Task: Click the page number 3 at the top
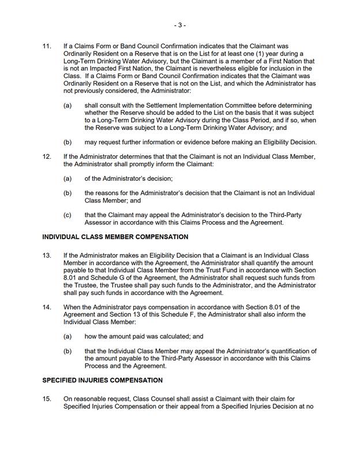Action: click(179, 25)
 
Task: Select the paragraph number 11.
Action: click(47, 46)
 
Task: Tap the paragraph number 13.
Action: click(47, 255)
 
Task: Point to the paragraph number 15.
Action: click(47, 398)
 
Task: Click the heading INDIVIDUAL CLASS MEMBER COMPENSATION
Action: click(115, 237)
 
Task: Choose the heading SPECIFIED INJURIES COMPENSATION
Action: click(103, 381)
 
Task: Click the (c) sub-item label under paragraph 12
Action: click(67, 215)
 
